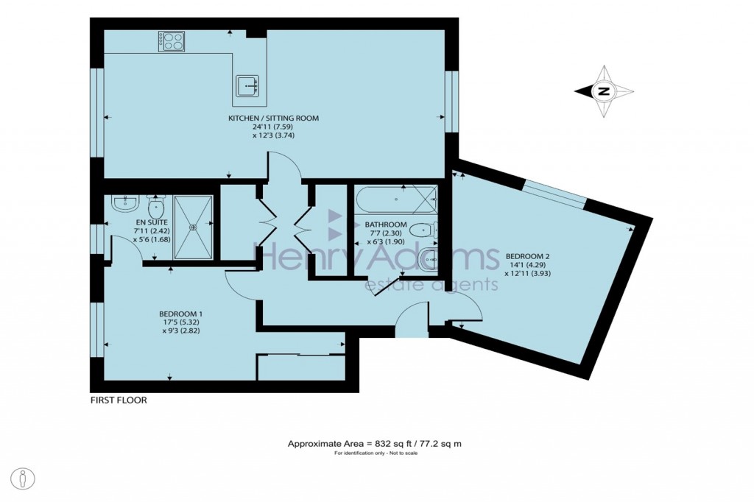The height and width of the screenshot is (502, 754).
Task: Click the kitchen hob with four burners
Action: tap(172, 41)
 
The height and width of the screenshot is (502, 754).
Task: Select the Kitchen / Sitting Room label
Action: tap(273, 118)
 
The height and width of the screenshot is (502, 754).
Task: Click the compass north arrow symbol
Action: tap(605, 91)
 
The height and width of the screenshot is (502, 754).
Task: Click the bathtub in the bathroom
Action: tap(396, 199)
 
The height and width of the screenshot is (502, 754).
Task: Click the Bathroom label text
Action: tap(386, 225)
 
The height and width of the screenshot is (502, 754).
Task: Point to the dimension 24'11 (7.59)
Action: tap(273, 126)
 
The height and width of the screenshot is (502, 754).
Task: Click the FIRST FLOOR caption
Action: tap(119, 400)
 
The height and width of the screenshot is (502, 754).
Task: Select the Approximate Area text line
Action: tap(374, 444)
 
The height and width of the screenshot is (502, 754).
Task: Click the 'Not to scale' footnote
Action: tap(374, 453)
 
